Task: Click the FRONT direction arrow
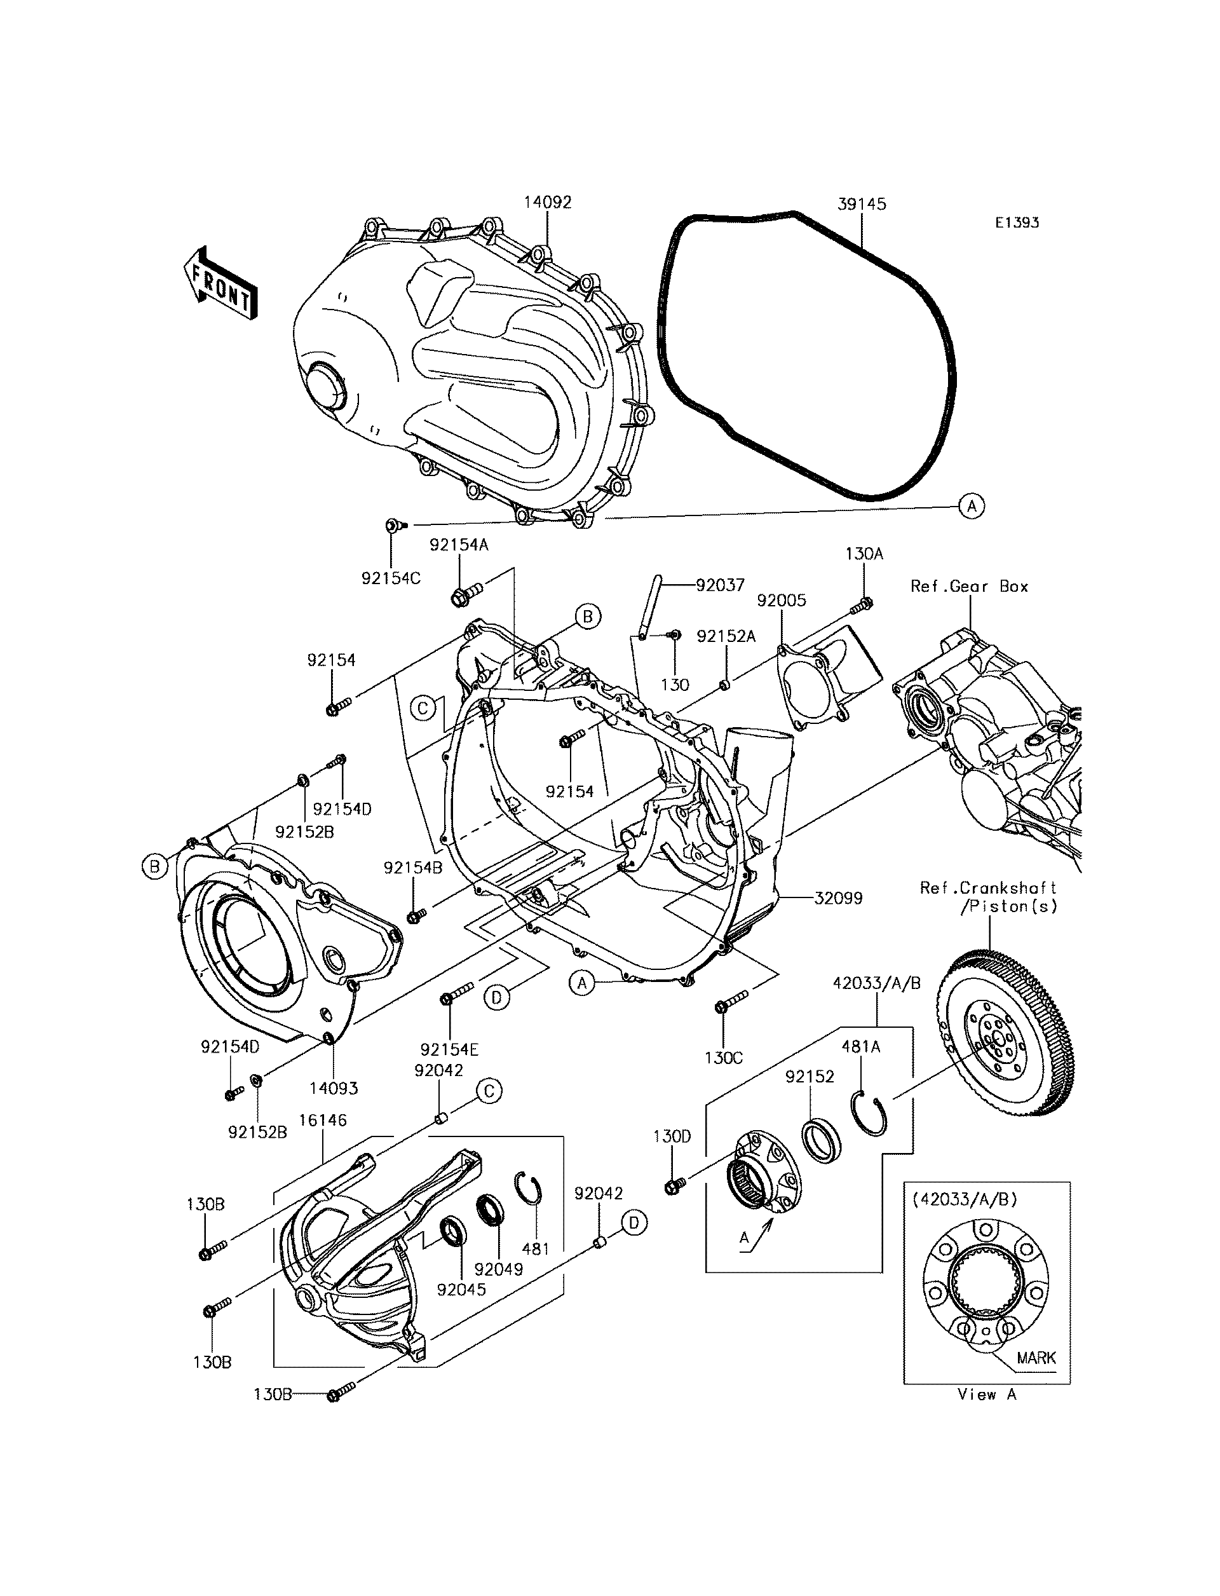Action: point(219,284)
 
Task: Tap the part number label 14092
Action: point(548,202)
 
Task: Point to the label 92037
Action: point(721,585)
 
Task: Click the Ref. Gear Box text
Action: point(970,586)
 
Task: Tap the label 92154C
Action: point(391,578)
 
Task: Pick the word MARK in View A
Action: point(1036,1358)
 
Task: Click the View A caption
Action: point(987,1394)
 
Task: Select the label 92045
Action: point(462,1290)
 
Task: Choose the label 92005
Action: point(782,601)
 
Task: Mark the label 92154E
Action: point(449,1050)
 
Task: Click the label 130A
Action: point(864,554)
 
